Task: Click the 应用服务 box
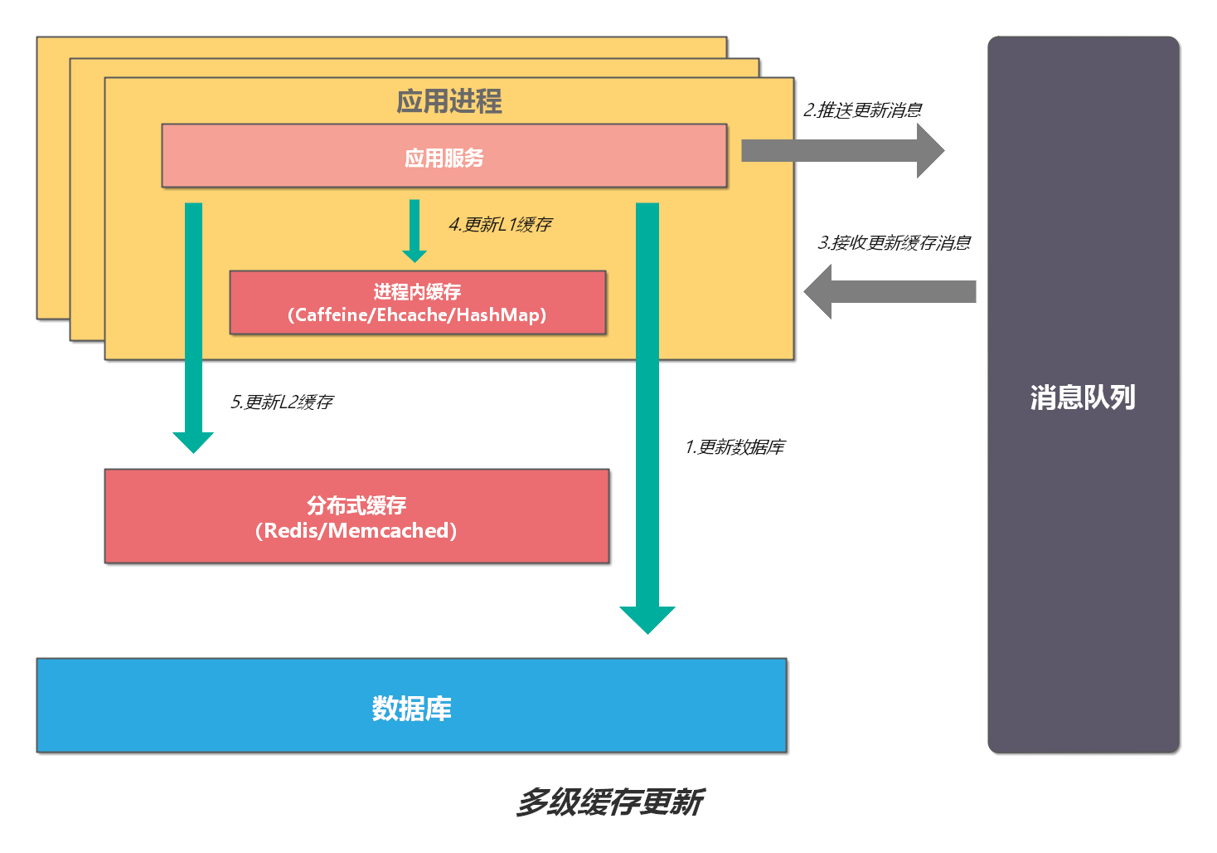[444, 156]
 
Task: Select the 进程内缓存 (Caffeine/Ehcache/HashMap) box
[417, 303]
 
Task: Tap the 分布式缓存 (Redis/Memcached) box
[356, 516]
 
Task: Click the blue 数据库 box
[411, 706]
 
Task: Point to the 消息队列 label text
[1083, 397]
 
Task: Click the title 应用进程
[448, 101]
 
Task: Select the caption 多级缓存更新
[609, 802]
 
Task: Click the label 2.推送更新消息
[862, 110]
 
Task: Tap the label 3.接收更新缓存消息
[894, 242]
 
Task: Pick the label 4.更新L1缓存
[500, 224]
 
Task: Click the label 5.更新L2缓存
[281, 402]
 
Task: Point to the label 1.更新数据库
[735, 447]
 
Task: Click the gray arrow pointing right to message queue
[841, 150]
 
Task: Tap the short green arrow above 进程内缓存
[415, 231]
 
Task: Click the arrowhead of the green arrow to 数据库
[647, 619]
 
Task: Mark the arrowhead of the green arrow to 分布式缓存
[193, 441]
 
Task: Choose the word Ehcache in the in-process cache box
[412, 315]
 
